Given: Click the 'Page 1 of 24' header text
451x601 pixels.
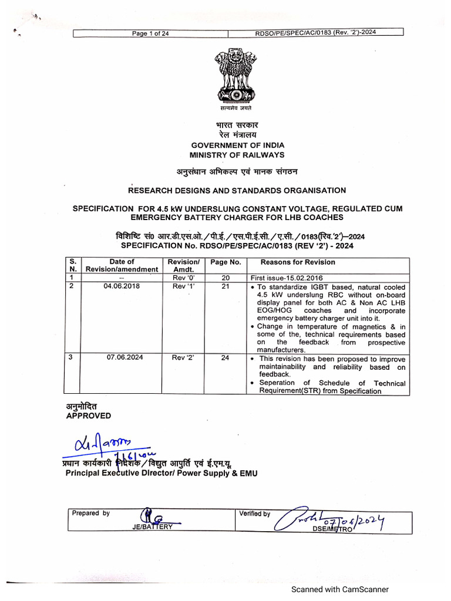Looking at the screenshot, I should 150,33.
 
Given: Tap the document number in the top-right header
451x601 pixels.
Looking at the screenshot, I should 315,33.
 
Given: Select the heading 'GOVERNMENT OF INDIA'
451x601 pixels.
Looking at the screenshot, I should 237,145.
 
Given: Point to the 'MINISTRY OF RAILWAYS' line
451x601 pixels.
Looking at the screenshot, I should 237,155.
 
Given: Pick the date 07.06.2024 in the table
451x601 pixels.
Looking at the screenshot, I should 122,357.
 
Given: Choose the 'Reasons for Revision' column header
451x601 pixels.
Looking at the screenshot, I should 298,262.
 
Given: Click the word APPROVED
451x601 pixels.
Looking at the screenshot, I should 88,416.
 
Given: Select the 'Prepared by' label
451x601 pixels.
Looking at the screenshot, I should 91,513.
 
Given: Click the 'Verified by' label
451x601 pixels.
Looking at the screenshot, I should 254,514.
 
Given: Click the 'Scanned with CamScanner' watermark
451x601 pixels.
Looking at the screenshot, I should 341,590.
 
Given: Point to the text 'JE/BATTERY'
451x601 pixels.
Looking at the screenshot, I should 153,526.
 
